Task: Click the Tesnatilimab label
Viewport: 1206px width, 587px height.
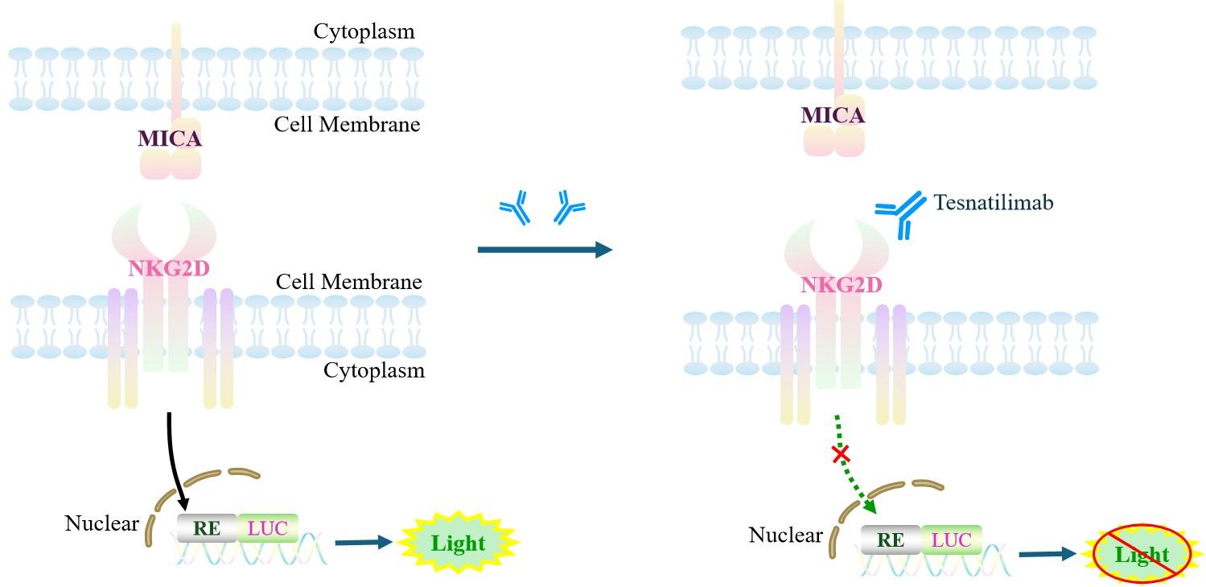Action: [993, 202]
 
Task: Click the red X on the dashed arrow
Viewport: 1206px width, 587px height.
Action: [841, 455]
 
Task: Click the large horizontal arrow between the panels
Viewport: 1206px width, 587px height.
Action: [545, 250]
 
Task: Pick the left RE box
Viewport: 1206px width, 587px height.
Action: [207, 529]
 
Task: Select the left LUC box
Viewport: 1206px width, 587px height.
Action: [267, 529]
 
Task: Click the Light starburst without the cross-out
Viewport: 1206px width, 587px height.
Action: [458, 543]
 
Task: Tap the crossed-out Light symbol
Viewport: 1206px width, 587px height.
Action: [1142, 554]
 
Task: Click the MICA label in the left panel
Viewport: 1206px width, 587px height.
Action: [169, 139]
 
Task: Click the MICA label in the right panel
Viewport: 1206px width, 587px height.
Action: [833, 116]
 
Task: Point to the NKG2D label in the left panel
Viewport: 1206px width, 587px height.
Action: [169, 269]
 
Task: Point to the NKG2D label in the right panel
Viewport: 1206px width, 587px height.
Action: [842, 284]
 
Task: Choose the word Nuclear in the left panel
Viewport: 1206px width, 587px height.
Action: [101, 524]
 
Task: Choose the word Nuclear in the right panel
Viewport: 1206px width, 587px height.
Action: [785, 535]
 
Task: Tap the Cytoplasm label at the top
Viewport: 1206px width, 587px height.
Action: [364, 32]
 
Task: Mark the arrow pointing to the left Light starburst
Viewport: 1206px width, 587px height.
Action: [362, 543]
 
